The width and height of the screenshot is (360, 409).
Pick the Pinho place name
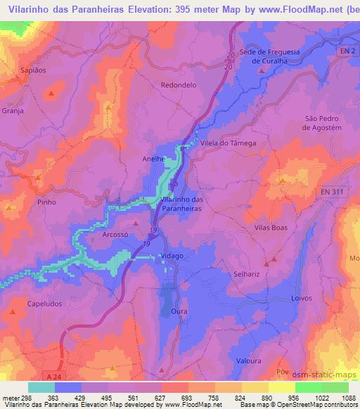pos(46,202)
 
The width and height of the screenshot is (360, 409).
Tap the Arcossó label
pos(116,235)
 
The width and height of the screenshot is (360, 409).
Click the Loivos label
pos(302,298)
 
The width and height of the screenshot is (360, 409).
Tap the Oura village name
pos(179,310)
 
